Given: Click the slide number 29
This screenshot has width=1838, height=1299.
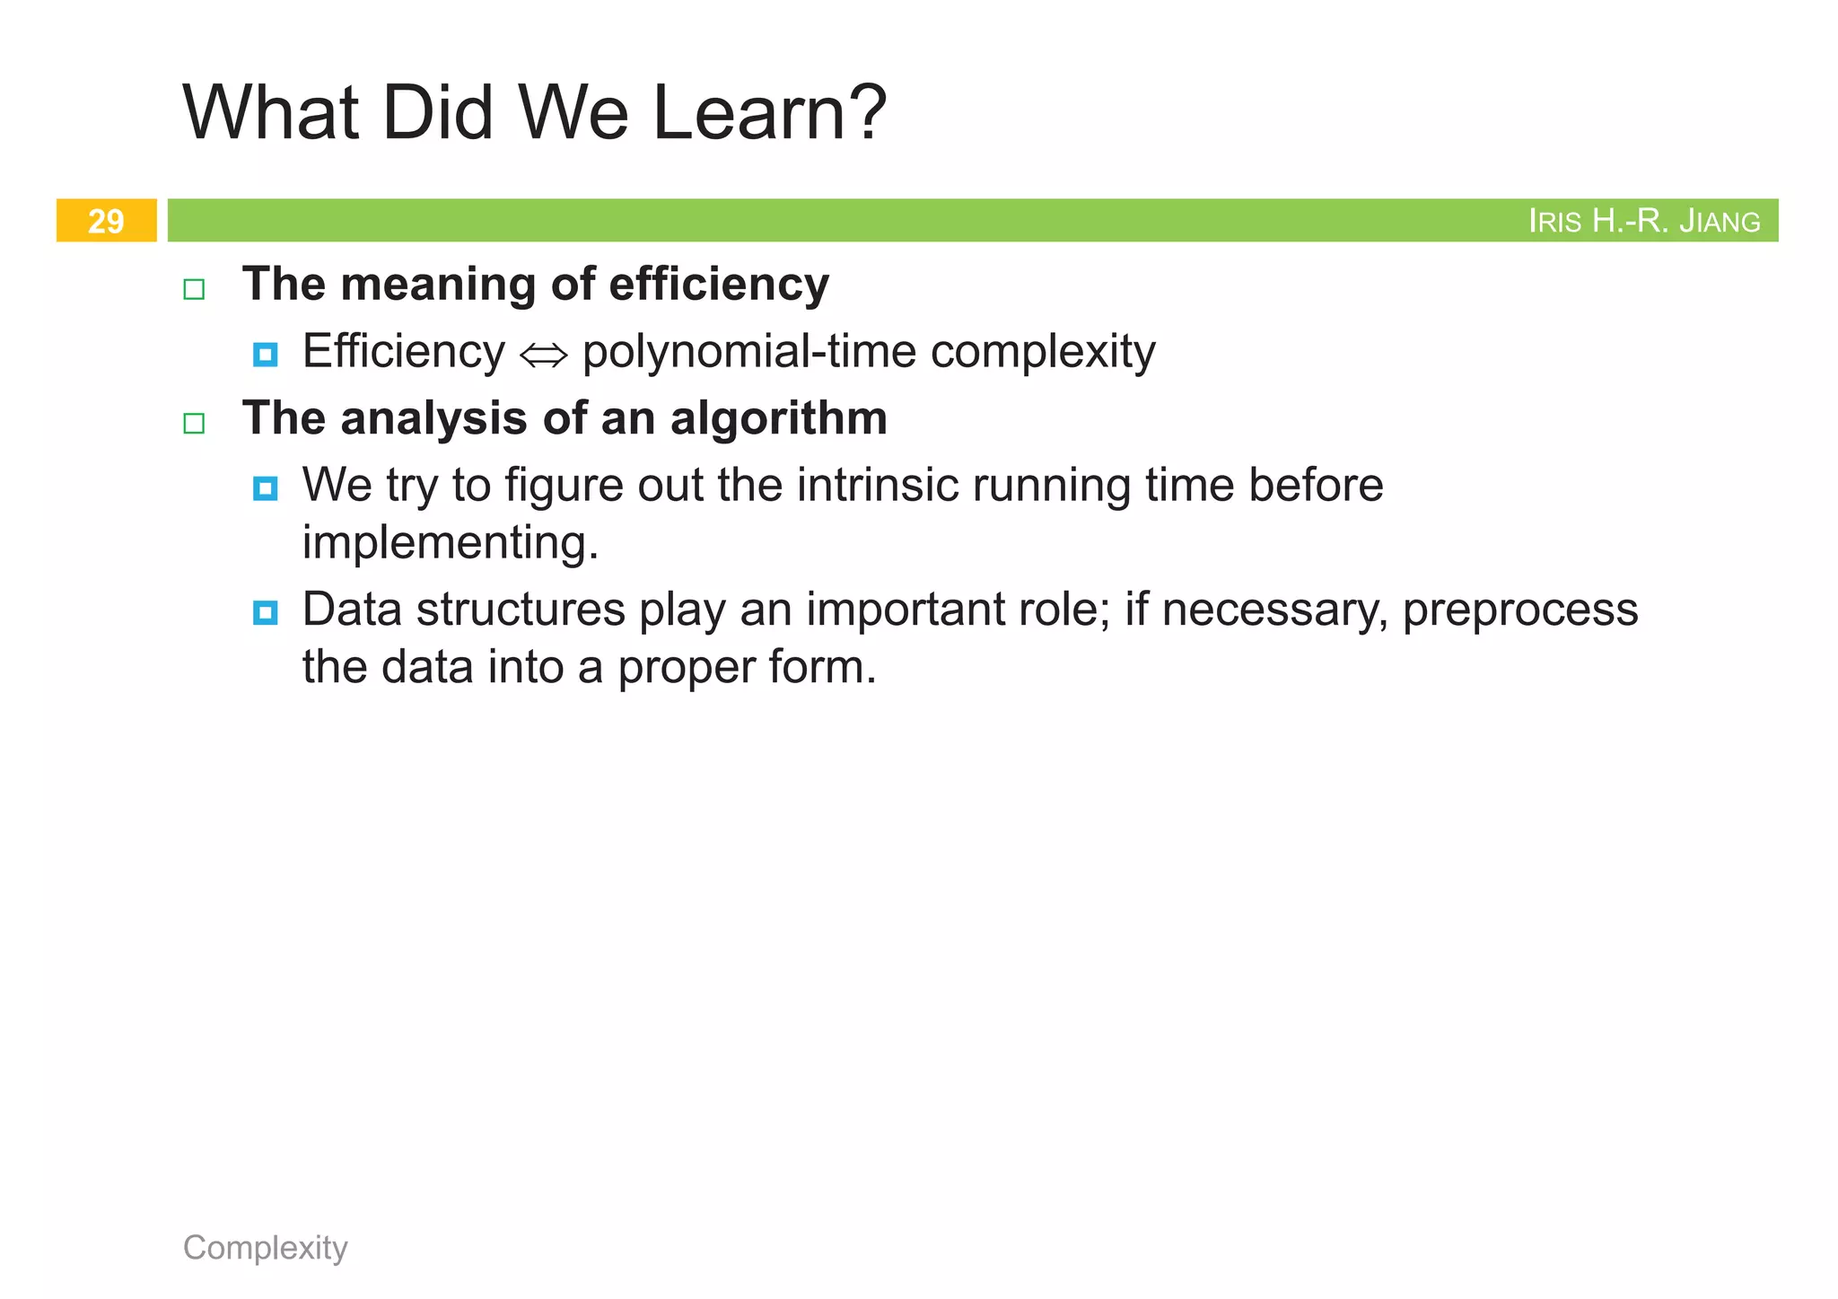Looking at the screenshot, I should tap(106, 221).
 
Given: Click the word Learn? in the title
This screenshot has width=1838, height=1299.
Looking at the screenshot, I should tap(769, 113).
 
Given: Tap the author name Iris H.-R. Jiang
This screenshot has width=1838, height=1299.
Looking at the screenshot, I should tap(1643, 221).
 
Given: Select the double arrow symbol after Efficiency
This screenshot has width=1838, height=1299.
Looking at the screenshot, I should tap(543, 355).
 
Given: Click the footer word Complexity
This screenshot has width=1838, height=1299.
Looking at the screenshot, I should tap(265, 1247).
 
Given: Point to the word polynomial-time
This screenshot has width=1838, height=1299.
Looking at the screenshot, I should tap(749, 352).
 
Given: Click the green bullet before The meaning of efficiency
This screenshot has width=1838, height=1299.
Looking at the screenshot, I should tap(194, 289).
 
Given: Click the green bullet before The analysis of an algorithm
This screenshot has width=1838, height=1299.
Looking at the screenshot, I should tap(194, 423).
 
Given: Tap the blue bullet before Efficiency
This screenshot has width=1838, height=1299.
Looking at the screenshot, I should tap(265, 355).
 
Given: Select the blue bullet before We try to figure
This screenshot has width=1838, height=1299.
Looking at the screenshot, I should tap(265, 488).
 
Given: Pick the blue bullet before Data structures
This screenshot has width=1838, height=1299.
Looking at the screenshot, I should tap(265, 613).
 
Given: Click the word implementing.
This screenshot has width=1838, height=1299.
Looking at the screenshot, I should tap(450, 543).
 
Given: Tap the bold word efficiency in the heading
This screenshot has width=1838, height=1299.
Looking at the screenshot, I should tap(718, 285).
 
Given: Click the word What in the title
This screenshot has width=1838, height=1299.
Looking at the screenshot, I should tap(271, 113).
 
